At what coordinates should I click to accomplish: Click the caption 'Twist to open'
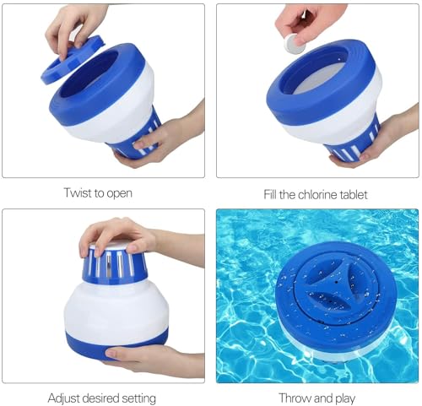[97, 193]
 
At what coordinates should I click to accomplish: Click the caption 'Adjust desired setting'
[101, 397]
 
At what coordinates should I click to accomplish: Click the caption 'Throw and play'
[316, 397]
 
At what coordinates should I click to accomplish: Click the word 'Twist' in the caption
[77, 193]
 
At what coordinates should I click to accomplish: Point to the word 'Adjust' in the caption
[64, 397]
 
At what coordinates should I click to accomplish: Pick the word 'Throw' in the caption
[296, 397]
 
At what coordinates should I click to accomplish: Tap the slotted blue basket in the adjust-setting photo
[115, 264]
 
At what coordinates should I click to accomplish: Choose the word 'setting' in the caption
[136, 397]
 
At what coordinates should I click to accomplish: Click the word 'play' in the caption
[341, 397]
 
